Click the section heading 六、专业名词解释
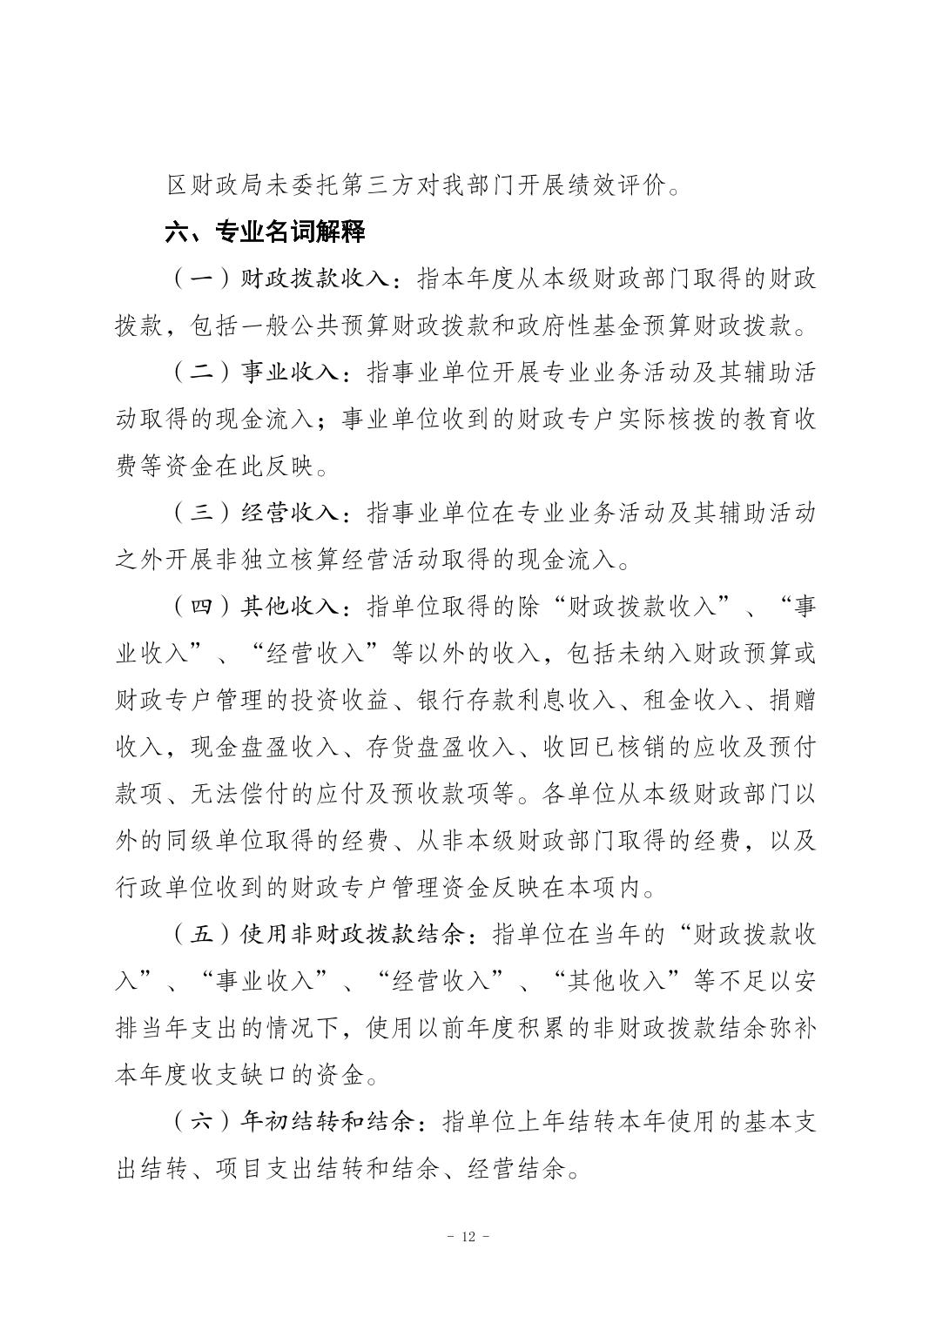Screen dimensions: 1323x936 point(265,232)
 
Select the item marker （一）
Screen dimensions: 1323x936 point(201,279)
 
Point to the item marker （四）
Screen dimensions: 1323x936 point(201,607)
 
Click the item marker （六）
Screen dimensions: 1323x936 point(201,1122)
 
